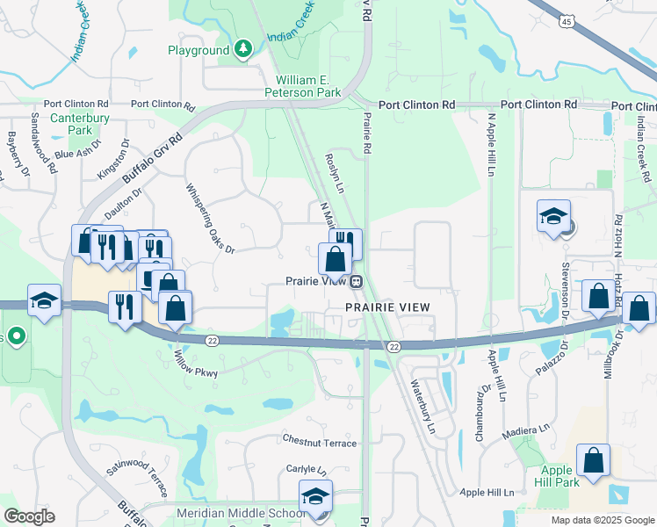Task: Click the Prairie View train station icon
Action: pyautogui.click(x=357, y=282)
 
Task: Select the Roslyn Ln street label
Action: pyautogui.click(x=334, y=165)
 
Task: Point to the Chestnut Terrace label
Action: pyautogui.click(x=320, y=442)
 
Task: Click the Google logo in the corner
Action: pyautogui.click(x=28, y=516)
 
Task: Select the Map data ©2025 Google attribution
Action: pyautogui.click(x=602, y=520)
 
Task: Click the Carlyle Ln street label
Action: pyautogui.click(x=307, y=469)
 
